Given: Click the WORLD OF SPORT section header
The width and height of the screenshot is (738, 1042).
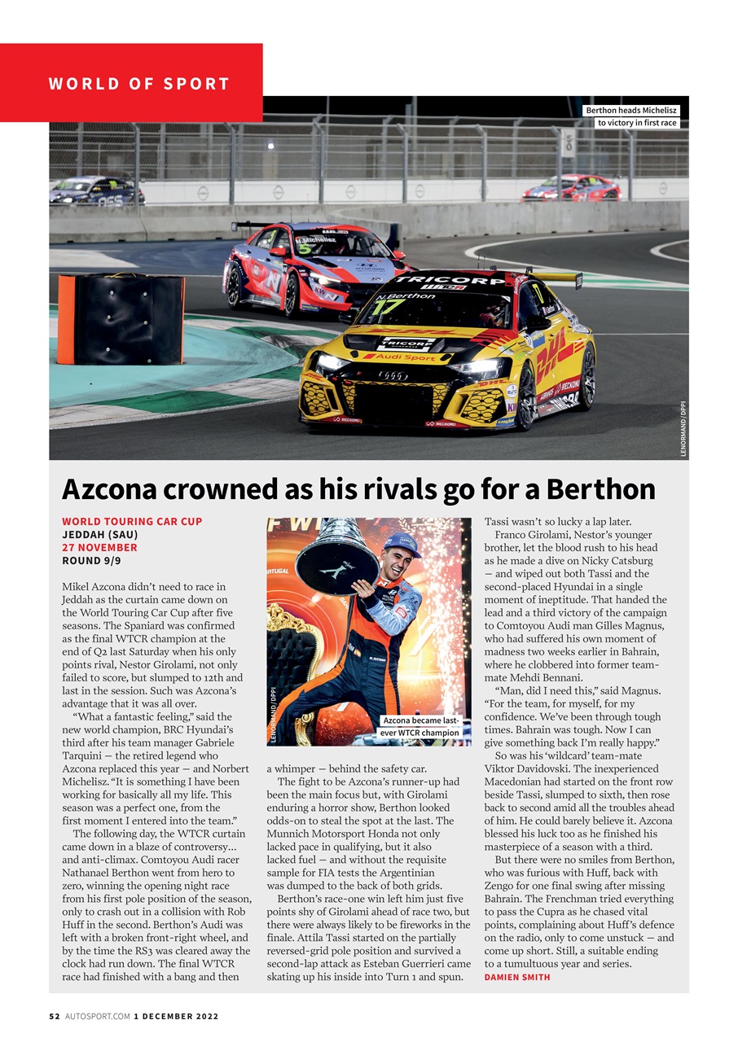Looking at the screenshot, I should point(138,84).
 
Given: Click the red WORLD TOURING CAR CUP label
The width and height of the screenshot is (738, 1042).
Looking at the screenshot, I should point(132,521).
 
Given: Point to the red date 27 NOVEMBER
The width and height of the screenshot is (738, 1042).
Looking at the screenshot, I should point(99,548).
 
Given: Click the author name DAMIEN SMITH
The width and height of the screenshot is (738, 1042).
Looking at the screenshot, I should point(517,977).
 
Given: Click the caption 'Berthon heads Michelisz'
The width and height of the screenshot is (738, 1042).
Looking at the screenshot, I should point(631,111).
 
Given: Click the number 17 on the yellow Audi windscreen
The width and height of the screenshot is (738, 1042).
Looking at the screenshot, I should point(392,309).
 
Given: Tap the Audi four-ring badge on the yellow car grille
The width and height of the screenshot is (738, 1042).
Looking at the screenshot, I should point(393,375).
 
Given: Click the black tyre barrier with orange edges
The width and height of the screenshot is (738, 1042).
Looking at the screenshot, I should point(121,319).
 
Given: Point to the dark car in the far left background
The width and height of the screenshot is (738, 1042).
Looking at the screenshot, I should point(96,191).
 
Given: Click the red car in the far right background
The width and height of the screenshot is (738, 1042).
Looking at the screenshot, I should point(572,188).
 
